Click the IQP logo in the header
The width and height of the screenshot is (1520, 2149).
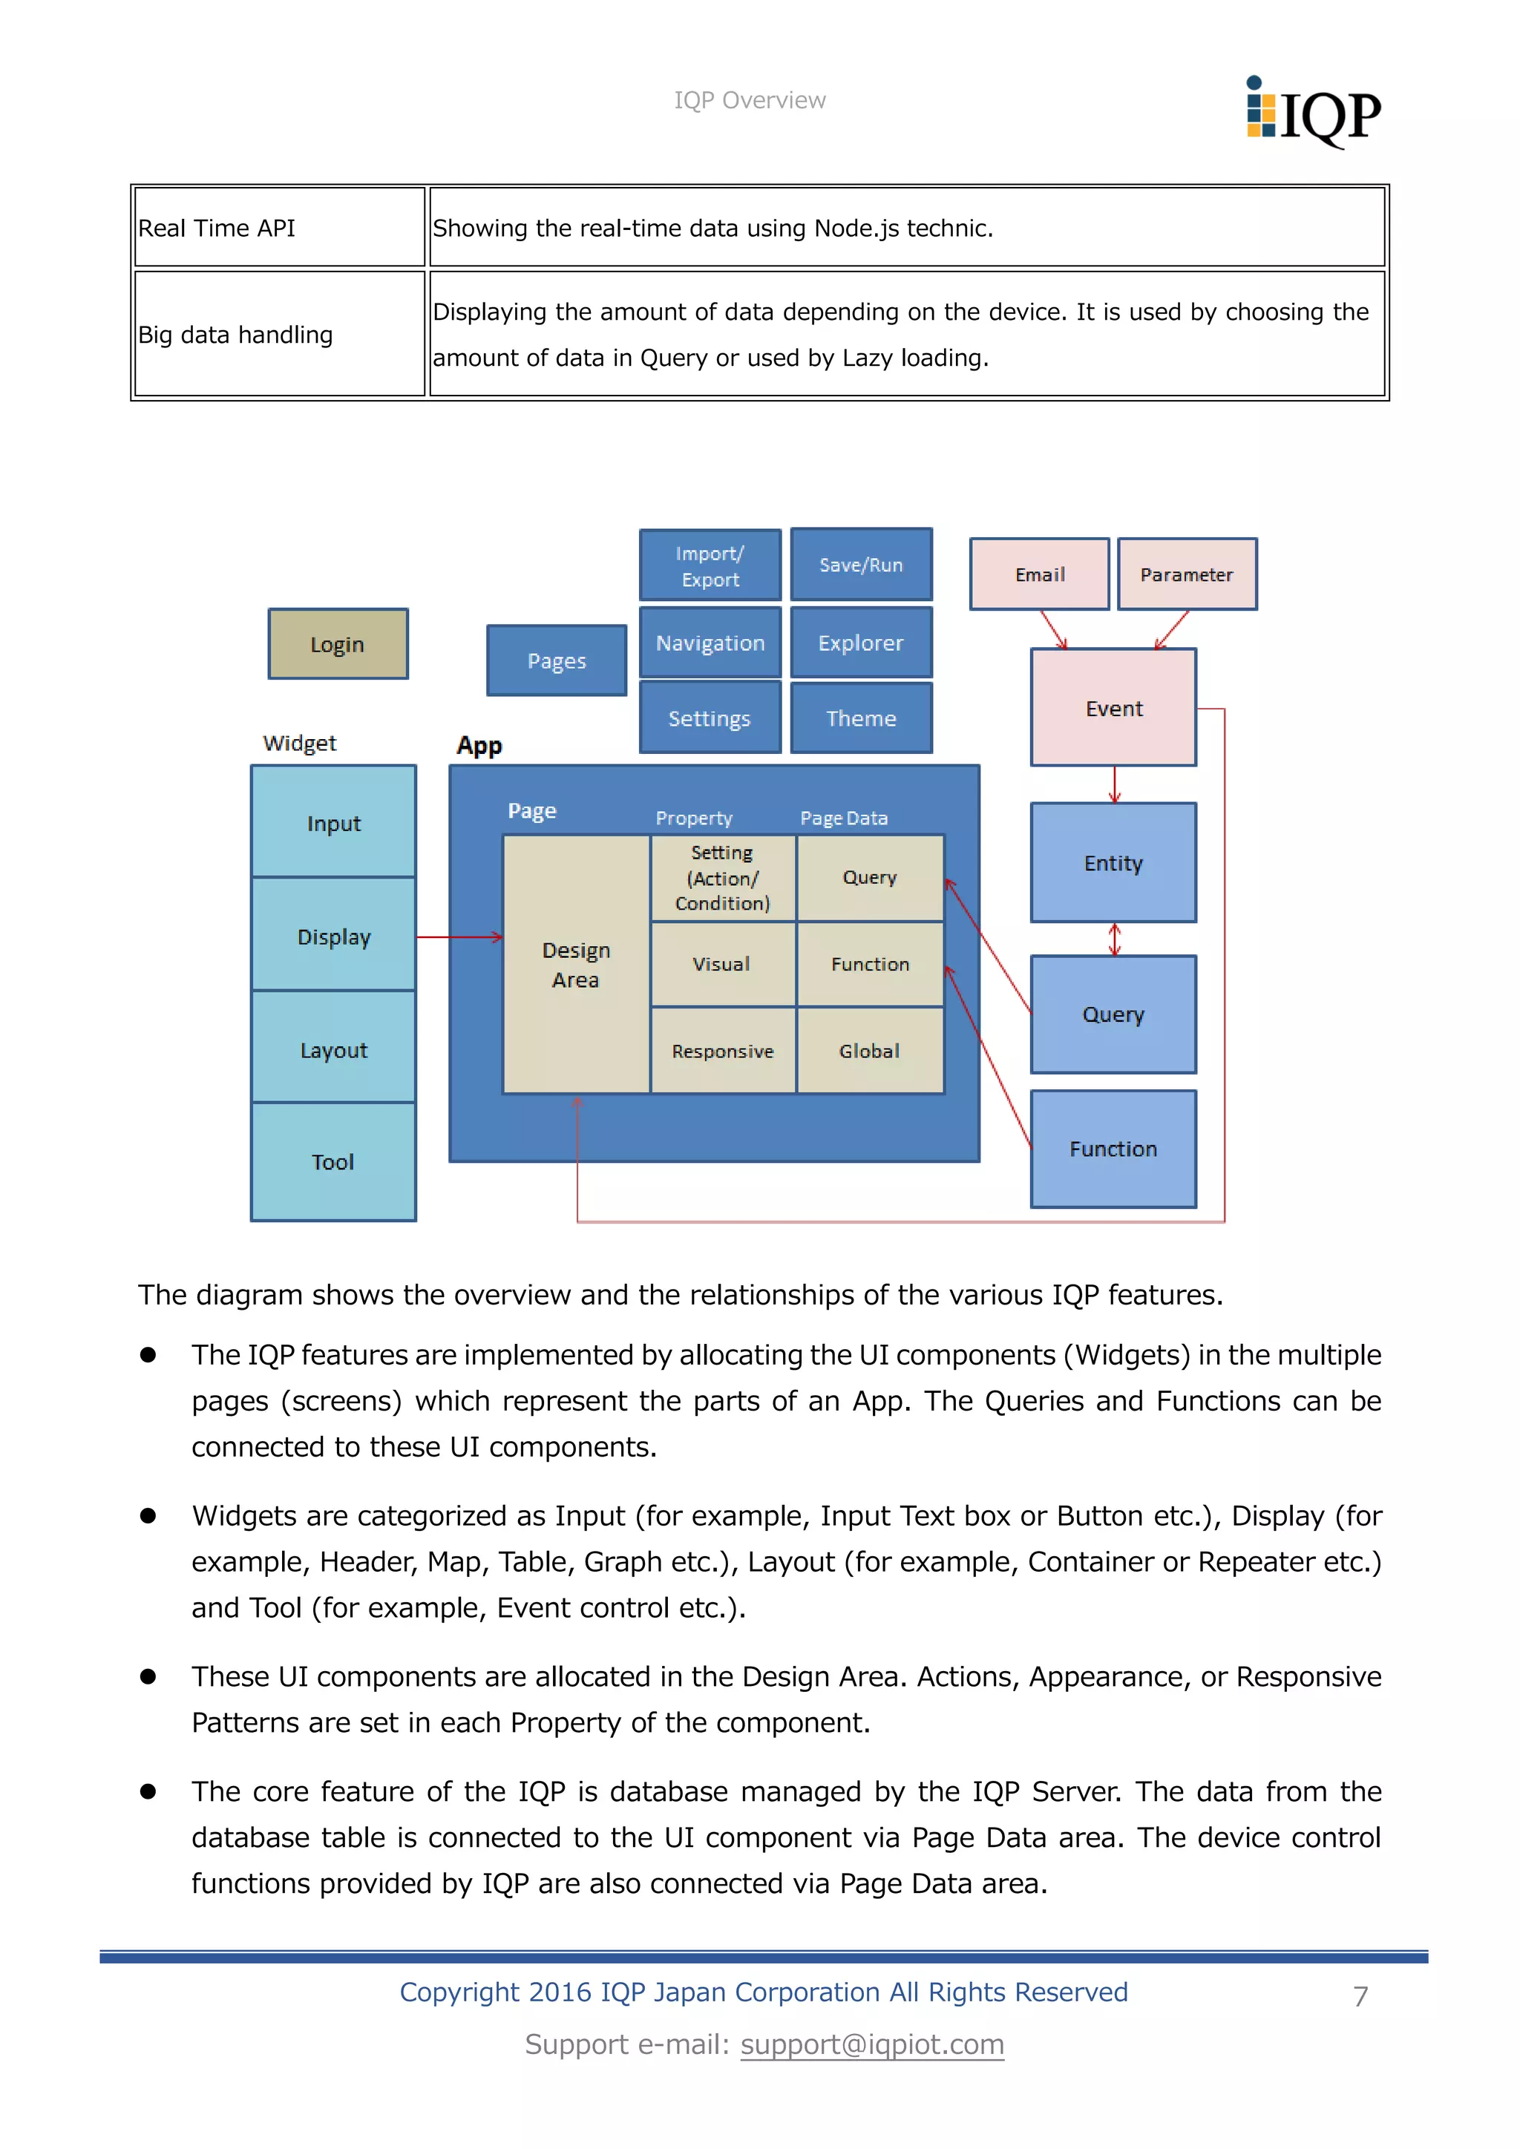tap(1312, 112)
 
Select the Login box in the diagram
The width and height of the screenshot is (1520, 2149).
tap(338, 644)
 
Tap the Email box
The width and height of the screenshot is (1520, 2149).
tap(1039, 574)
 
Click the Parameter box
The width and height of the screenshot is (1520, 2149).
tap(1187, 574)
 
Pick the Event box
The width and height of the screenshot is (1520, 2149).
tap(1113, 708)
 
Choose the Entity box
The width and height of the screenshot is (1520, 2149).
tap(1113, 862)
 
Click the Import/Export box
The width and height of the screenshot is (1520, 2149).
tap(710, 565)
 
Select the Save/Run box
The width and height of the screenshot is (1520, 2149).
tap(861, 565)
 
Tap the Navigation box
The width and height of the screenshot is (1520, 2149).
tap(710, 643)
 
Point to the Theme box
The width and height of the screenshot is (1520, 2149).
tap(861, 718)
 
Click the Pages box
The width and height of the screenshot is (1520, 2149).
tap(557, 660)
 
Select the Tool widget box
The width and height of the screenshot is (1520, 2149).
tap(333, 1161)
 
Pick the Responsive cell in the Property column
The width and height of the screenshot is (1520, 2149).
tap(723, 1051)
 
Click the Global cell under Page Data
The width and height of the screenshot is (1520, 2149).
tap(870, 1051)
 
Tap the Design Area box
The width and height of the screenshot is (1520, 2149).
tap(576, 964)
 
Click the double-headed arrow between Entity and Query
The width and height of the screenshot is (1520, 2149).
tap(1114, 939)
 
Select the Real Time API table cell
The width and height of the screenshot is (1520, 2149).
tap(279, 228)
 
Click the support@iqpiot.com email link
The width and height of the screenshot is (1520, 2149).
tap(871, 2044)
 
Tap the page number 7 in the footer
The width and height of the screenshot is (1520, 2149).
tap(1360, 1996)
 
